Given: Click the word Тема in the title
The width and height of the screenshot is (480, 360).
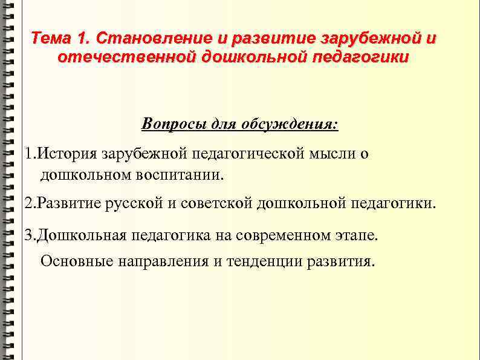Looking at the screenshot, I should click(51, 39).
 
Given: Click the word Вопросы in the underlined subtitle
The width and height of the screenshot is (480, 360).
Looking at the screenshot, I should click(170, 125).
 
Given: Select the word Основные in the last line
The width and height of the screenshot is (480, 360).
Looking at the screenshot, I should click(75, 261).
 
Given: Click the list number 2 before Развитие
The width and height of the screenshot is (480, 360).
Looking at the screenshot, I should click(28, 203).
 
